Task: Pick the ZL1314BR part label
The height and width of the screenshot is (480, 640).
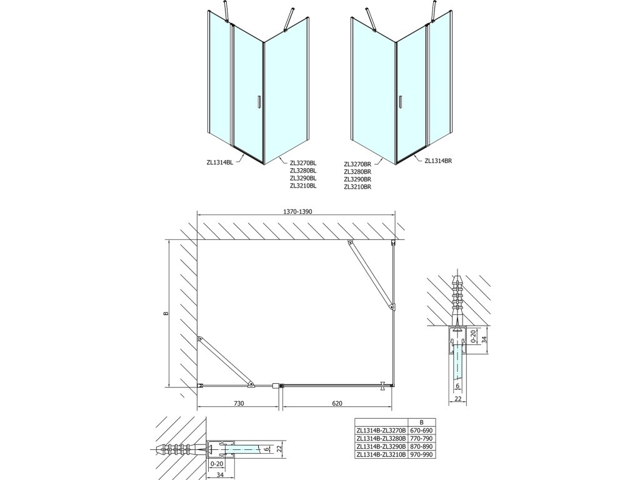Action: tap(437, 161)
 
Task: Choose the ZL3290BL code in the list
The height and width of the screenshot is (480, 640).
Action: tap(304, 177)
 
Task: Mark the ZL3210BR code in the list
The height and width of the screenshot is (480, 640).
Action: tap(357, 186)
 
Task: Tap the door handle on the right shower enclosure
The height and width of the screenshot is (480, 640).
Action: tap(399, 102)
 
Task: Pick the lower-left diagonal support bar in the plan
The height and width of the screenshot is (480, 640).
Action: tap(224, 361)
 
